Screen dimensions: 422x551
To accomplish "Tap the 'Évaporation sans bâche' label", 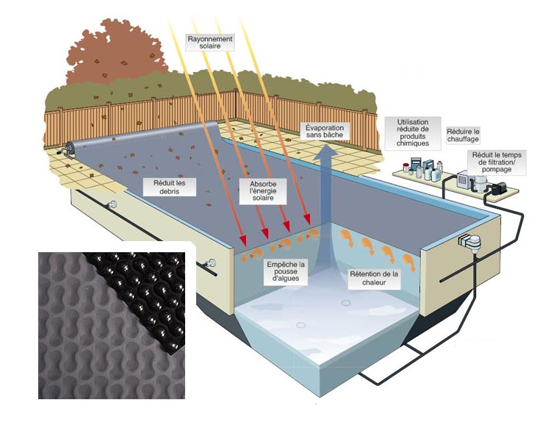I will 325,132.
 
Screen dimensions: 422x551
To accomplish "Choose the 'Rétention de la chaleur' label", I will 375,279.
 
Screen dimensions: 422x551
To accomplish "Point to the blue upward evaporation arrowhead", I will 325,155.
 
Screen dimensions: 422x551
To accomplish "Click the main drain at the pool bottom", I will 301,325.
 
